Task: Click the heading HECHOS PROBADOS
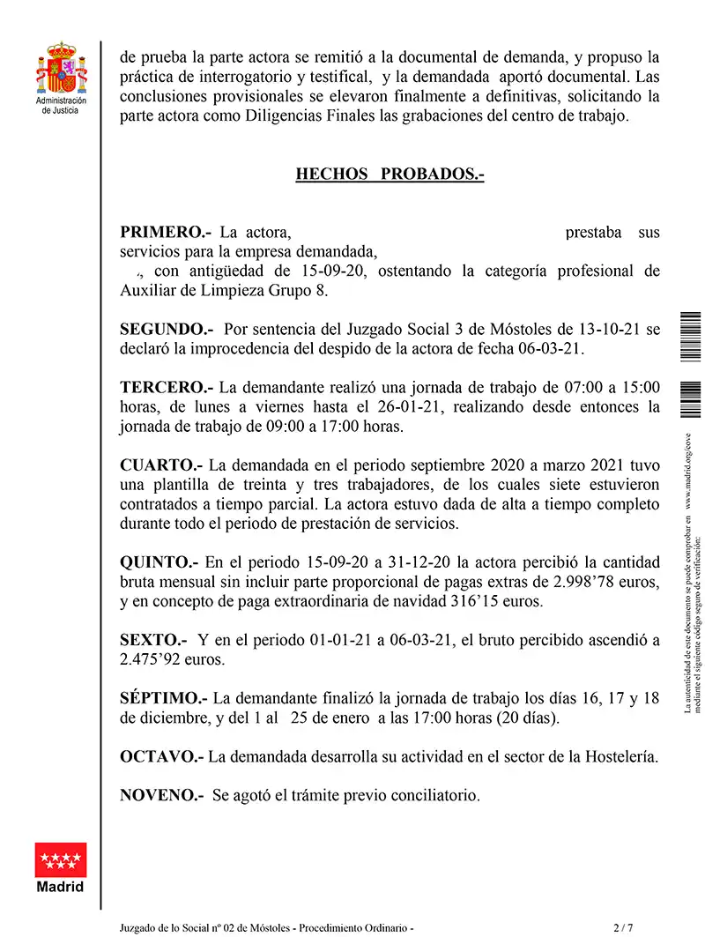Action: pyautogui.click(x=390, y=174)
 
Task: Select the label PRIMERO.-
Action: pyautogui.click(x=166, y=233)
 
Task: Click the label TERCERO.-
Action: pyautogui.click(x=167, y=387)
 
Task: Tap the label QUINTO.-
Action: pyautogui.click(x=160, y=561)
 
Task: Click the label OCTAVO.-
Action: pyautogui.click(x=162, y=756)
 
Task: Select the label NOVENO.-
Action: pyautogui.click(x=162, y=795)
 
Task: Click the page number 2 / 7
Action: pyautogui.click(x=623, y=927)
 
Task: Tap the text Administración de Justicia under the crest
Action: pyautogui.click(x=60, y=107)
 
